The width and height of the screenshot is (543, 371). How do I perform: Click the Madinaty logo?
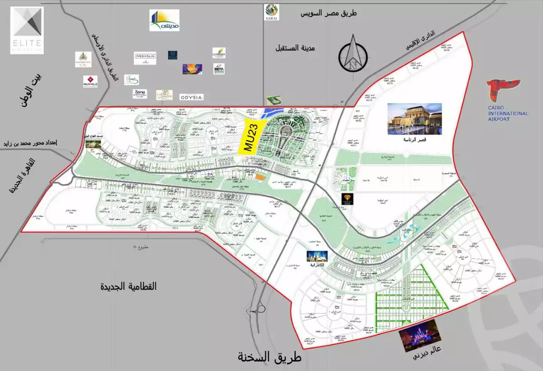(x=164, y=20)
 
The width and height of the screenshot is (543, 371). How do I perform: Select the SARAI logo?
(x=271, y=12)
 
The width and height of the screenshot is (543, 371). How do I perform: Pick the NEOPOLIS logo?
(x=145, y=58)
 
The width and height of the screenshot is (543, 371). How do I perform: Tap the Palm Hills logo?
(x=90, y=81)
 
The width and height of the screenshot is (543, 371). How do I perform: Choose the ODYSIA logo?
(x=191, y=97)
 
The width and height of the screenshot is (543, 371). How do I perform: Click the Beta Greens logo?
(x=219, y=69)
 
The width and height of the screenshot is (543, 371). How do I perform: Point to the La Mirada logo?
(x=219, y=53)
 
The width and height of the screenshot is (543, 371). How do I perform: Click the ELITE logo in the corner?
(x=27, y=30)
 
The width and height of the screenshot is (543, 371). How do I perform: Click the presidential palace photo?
(x=414, y=119)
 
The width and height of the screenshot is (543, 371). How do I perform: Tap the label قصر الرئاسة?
(x=415, y=140)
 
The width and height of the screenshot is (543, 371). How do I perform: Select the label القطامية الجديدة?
(x=129, y=287)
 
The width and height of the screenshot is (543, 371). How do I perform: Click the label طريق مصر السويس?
(x=329, y=13)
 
